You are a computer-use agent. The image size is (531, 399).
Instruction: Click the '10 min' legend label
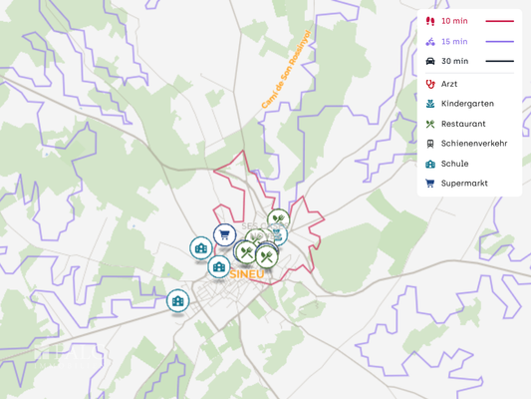(x=454, y=21)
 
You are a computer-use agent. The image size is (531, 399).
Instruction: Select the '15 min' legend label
(x=454, y=42)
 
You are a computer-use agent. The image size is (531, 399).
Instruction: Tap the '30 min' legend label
(x=454, y=62)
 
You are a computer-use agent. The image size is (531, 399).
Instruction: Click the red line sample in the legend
(x=499, y=21)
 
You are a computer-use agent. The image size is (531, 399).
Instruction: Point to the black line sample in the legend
(x=499, y=62)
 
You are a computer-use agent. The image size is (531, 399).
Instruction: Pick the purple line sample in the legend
(x=499, y=42)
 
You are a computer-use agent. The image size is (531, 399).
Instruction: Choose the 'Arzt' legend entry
(x=449, y=84)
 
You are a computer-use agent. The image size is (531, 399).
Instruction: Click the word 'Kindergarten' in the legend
(x=467, y=104)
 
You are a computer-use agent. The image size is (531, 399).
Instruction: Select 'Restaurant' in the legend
(x=463, y=124)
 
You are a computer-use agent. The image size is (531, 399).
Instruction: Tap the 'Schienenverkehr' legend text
(x=474, y=144)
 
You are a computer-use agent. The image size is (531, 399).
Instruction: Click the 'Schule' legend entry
(x=454, y=164)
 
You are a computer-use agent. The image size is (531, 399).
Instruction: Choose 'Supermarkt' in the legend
(x=464, y=184)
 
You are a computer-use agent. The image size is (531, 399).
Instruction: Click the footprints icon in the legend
(x=430, y=21)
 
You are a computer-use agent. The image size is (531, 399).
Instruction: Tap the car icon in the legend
(x=430, y=62)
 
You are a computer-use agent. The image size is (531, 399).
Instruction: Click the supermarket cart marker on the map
(x=223, y=235)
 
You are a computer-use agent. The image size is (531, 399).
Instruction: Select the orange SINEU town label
(x=246, y=273)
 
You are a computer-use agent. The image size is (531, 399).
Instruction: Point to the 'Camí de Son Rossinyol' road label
(x=287, y=69)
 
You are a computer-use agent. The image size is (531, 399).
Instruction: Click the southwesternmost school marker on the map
(x=177, y=300)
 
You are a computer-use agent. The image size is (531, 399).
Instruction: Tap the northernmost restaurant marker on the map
(x=278, y=219)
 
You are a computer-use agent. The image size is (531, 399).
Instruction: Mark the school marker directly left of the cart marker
(x=200, y=247)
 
